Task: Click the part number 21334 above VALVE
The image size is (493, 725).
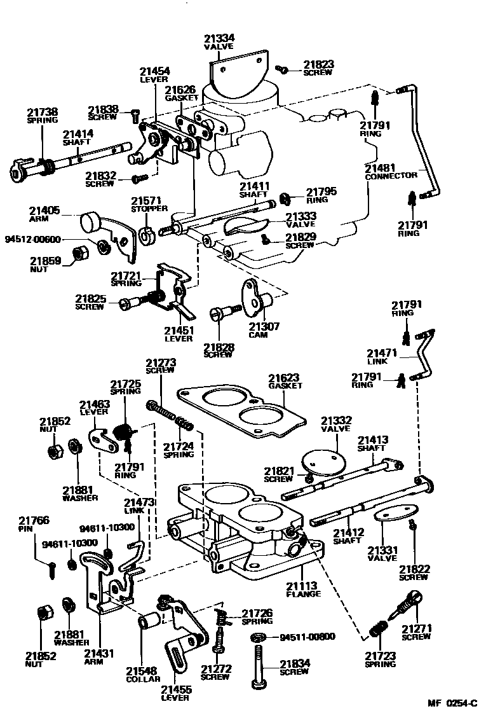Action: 219,38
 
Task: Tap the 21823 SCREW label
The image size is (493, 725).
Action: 318,68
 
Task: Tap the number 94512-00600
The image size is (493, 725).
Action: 32,239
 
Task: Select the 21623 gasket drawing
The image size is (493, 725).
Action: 241,413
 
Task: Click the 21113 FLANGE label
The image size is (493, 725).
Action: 302,590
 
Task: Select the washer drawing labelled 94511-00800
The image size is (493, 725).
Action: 259,637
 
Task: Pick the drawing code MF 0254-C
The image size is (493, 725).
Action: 452,703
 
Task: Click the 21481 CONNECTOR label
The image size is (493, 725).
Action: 391,172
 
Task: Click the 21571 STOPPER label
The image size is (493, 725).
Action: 149,204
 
